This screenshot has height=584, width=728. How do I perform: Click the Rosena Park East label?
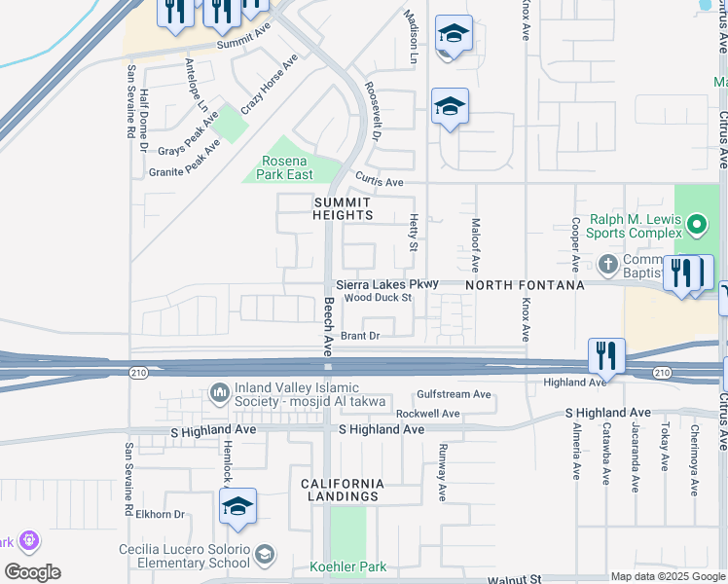tap(285, 167)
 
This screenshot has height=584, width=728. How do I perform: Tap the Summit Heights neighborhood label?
tap(344, 208)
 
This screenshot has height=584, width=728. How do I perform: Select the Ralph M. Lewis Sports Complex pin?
tap(696, 226)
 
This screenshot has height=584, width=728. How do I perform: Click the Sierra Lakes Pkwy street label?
tap(387, 284)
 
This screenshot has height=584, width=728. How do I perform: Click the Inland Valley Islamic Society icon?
tap(219, 393)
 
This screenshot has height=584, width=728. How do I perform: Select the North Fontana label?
tap(525, 285)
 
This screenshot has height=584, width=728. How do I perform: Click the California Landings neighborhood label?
tap(341, 490)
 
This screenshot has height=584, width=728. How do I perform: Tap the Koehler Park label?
tap(347, 566)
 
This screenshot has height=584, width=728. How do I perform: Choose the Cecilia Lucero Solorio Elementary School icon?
tap(264, 556)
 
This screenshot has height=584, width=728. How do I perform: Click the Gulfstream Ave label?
tap(454, 394)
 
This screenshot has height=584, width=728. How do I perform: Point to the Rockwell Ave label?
tap(427, 414)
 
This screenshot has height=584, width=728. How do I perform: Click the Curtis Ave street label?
tap(379, 182)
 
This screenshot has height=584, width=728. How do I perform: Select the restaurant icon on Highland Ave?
tap(606, 357)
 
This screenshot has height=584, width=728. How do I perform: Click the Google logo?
tap(32, 572)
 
